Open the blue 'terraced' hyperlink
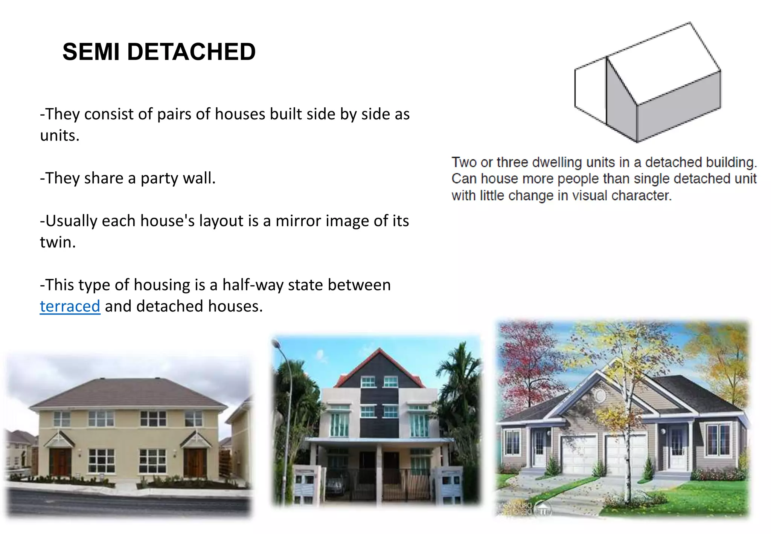click(70, 306)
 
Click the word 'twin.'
click(58, 242)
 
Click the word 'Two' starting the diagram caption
click(464, 162)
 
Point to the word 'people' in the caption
click(579, 179)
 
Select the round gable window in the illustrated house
click(599, 395)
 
